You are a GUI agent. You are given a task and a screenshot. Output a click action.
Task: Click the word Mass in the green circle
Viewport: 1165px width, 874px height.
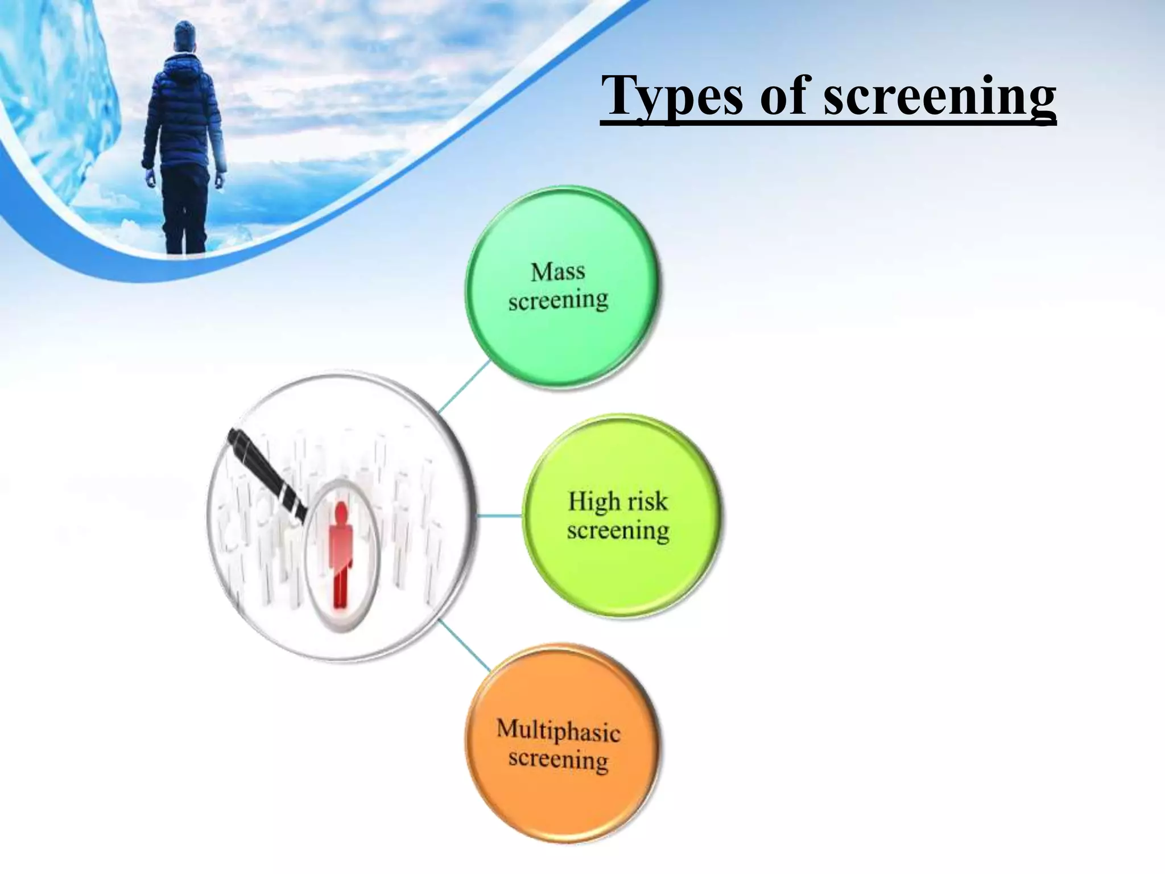[x=557, y=271]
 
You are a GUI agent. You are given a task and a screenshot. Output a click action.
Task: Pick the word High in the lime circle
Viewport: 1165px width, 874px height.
[x=593, y=501]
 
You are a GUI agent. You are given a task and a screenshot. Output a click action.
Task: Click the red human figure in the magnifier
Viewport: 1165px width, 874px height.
[x=340, y=555]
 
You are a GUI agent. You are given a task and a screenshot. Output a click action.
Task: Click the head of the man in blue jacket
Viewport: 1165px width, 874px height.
[x=183, y=36]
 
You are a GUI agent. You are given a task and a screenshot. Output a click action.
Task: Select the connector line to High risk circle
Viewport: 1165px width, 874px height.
[x=499, y=516]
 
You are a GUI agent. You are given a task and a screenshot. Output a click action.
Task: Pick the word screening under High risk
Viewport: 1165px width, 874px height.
[x=618, y=531]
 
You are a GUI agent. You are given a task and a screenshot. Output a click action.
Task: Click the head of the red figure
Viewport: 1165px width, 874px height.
[x=341, y=512]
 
